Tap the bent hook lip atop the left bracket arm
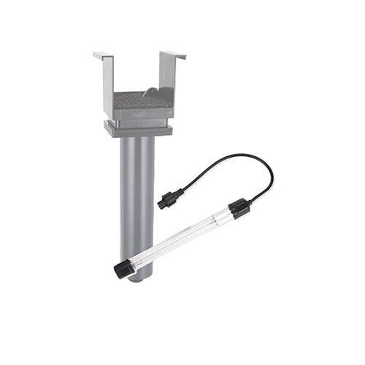pyautogui.click(x=102, y=55)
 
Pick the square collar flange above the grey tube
pyautogui.click(x=139, y=130)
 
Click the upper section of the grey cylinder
pyautogui.click(x=137, y=168)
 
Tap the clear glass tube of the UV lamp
pyautogui.click(x=182, y=238)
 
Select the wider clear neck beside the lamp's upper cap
pyautogui.click(x=223, y=215)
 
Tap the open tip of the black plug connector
pyautogui.click(x=160, y=204)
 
